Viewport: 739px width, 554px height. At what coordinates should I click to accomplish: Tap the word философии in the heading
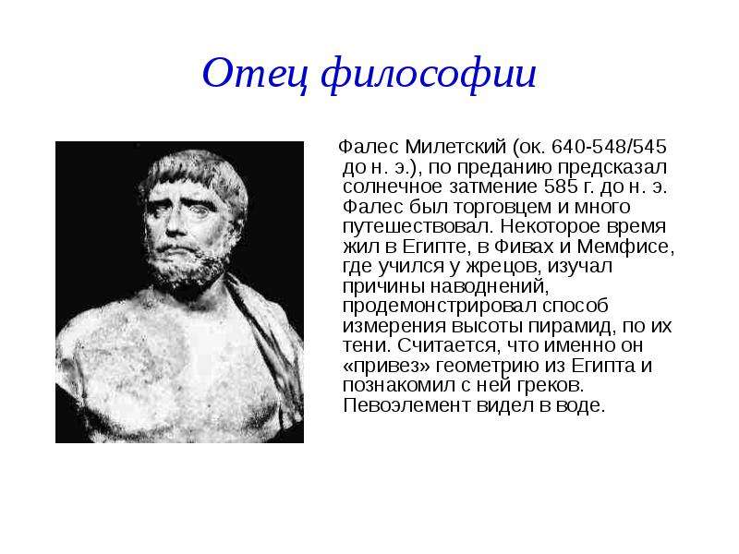tap(429, 76)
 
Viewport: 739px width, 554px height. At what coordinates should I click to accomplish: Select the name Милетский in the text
tap(455, 147)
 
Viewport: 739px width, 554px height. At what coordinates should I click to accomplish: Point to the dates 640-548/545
tap(609, 147)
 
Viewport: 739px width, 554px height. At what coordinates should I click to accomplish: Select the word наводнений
tap(491, 287)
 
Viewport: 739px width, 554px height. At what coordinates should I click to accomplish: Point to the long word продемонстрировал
tap(440, 307)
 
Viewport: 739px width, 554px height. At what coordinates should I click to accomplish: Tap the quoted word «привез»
tap(386, 366)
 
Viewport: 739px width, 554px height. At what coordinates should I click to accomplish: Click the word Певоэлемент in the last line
tap(406, 405)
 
